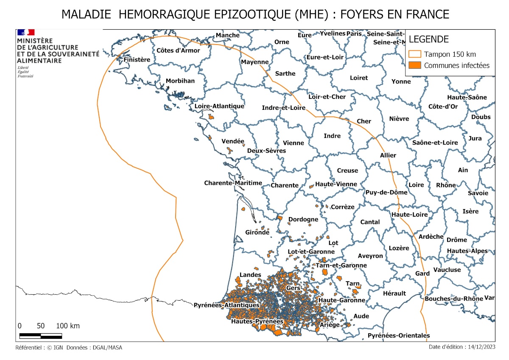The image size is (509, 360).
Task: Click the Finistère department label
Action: click(137, 60)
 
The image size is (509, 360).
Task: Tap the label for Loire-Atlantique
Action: click(219, 106)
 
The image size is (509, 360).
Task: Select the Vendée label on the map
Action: click(233, 141)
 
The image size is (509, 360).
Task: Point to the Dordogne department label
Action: click(303, 220)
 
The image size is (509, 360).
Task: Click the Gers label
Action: click(293, 288)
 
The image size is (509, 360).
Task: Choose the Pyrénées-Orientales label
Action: click(398, 335)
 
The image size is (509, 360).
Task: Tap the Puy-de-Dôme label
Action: click(386, 192)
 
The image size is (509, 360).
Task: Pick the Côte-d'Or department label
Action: click(443, 106)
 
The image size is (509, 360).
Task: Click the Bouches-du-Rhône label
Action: click(453, 299)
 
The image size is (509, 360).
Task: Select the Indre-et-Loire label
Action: click(284, 108)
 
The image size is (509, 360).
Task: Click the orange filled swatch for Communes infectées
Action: click(415, 65)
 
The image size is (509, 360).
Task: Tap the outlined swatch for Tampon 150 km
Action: click(415, 54)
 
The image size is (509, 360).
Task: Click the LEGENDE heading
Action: click(428, 39)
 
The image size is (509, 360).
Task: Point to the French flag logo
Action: click(25, 32)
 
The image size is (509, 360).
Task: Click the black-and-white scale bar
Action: click(41, 336)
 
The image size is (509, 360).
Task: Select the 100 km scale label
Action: click(68, 326)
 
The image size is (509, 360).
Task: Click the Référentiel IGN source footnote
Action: click(69, 348)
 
